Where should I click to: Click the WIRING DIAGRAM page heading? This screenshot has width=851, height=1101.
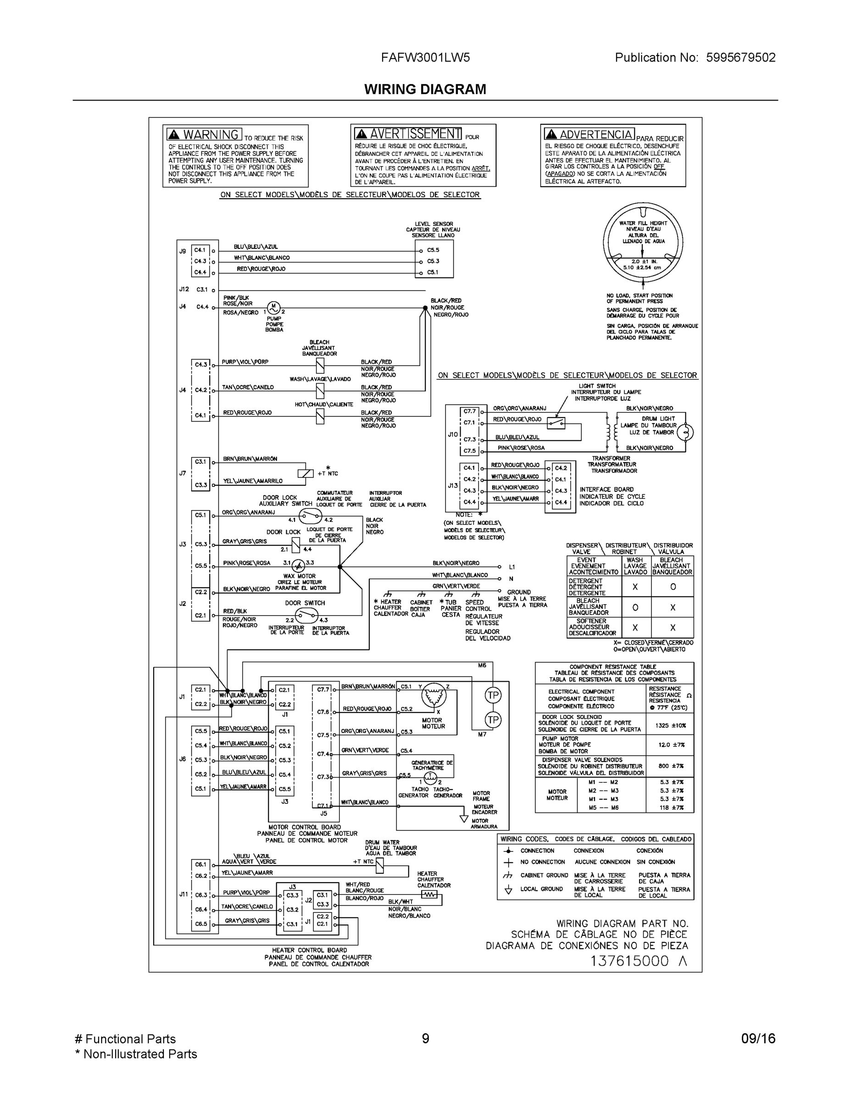[x=425, y=89]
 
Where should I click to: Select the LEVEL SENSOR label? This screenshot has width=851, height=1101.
[x=434, y=224]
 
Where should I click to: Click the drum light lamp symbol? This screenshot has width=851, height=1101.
[x=684, y=432]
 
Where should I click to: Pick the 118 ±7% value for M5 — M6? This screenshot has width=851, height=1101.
[x=672, y=807]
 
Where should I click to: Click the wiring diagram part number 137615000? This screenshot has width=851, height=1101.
[x=629, y=961]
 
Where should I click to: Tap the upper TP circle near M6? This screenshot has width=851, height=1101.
[x=493, y=695]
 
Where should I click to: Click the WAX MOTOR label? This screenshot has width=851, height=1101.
[x=300, y=576]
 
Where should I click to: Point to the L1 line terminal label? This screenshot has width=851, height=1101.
[x=512, y=567]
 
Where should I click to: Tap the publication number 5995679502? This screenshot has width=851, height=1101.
[x=740, y=57]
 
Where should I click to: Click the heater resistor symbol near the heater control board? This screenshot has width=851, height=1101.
[x=429, y=895]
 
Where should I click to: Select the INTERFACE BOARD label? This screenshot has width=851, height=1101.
[x=606, y=489]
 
